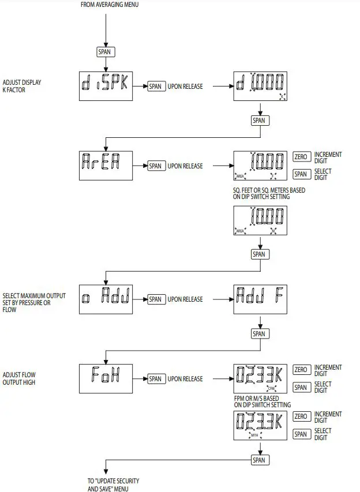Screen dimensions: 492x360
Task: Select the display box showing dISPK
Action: click(106, 87)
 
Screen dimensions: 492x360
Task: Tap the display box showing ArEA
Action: click(106, 166)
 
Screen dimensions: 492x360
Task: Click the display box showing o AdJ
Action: click(106, 299)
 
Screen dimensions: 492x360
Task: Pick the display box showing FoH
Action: click(106, 378)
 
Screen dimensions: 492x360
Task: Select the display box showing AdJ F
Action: click(260, 299)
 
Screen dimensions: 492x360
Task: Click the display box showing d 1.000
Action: click(260, 87)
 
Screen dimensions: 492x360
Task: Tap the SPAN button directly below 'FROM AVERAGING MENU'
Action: click(106, 51)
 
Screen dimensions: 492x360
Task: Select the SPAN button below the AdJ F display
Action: click(259, 333)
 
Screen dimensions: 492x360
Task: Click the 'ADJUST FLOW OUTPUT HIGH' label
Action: click(19, 378)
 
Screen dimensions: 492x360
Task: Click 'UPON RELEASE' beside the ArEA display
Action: click(185, 166)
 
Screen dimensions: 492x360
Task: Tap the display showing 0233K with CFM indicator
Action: click(260, 378)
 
